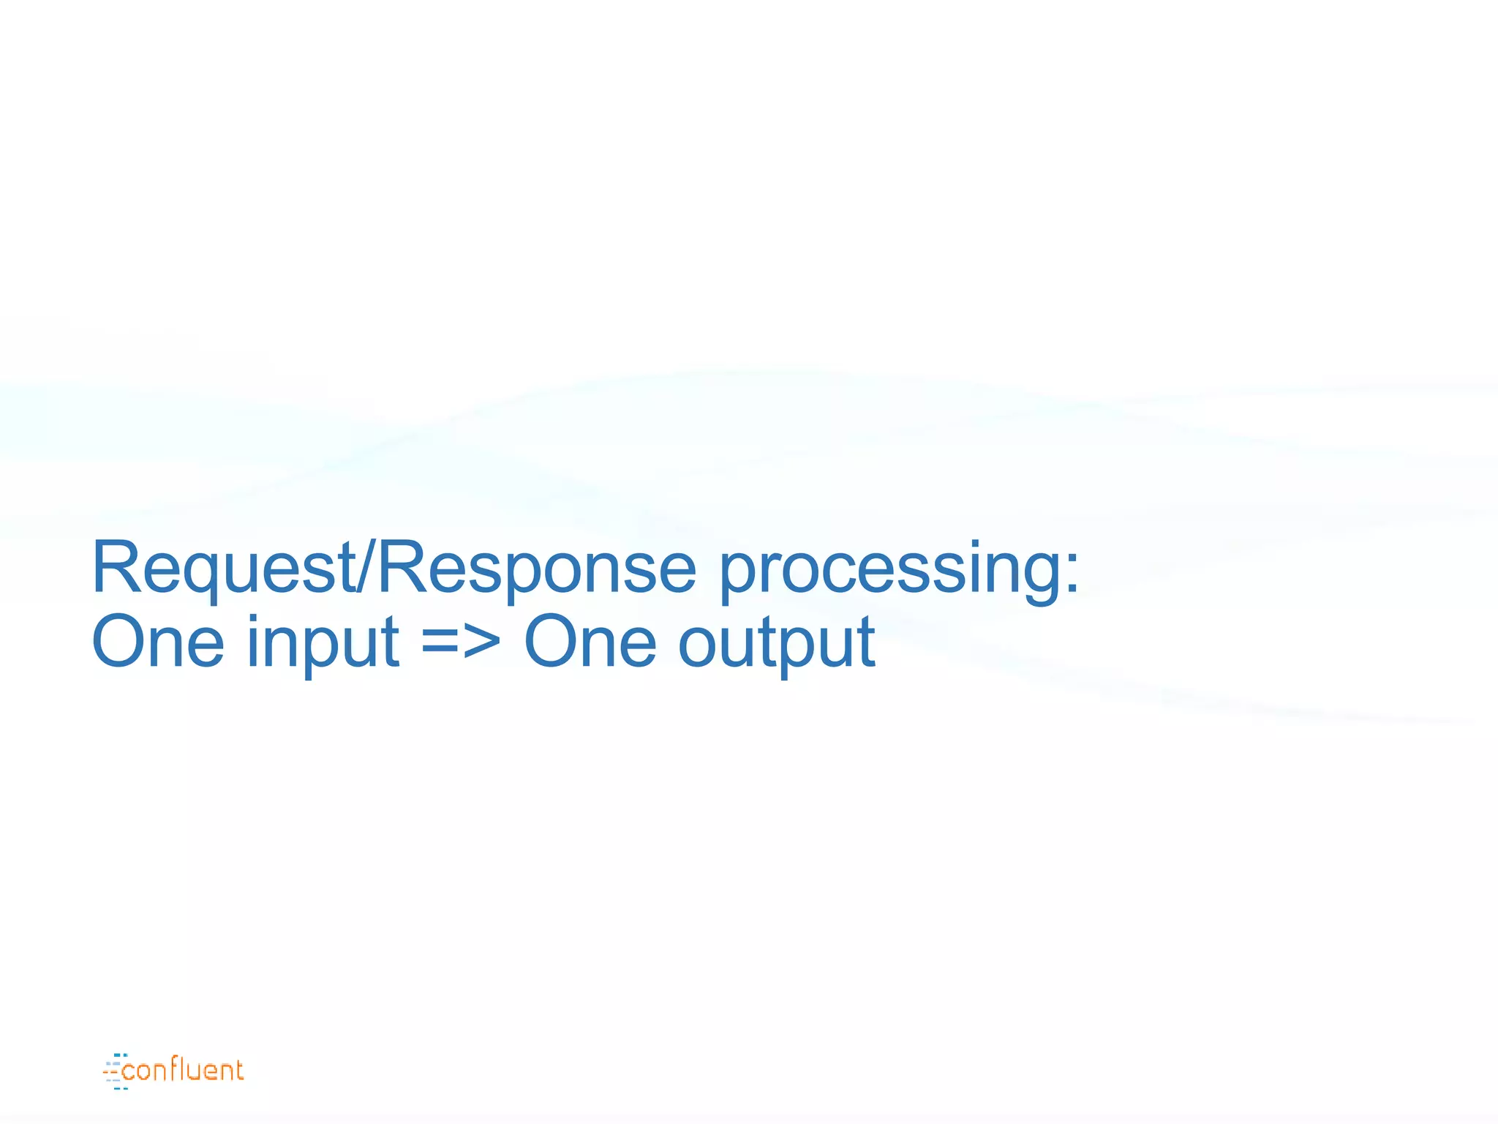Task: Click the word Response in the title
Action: [x=535, y=569]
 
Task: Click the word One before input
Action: [x=157, y=642]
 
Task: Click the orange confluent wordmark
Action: [x=183, y=1070]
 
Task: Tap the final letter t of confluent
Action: [x=237, y=1070]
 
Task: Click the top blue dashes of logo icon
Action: [x=121, y=1055]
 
